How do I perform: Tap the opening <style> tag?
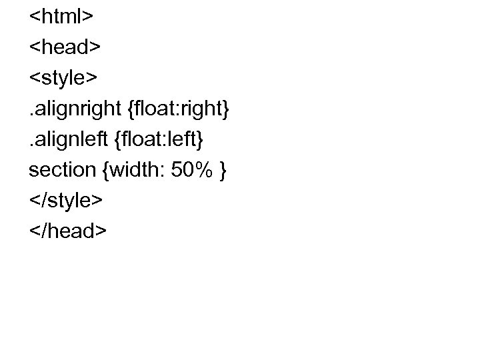coord(63,78)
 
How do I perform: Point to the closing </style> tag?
coord(66,200)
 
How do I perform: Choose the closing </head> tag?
coord(67,231)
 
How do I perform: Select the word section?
coord(63,170)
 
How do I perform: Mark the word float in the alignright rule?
coord(153,109)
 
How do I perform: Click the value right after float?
coord(203,109)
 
